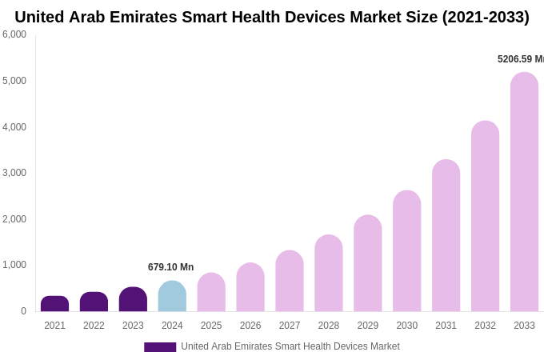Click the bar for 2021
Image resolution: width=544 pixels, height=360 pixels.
pyautogui.click(x=54, y=304)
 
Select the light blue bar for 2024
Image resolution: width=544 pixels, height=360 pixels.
pyautogui.click(x=172, y=297)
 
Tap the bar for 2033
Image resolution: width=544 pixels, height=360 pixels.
pyautogui.click(x=524, y=192)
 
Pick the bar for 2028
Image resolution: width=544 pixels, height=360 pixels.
pyautogui.click(x=328, y=274)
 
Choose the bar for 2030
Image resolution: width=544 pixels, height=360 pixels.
pyautogui.click(x=406, y=251)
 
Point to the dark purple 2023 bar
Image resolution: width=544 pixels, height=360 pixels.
pyautogui.click(x=133, y=300)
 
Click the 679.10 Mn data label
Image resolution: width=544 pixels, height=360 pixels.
pyautogui.click(x=170, y=267)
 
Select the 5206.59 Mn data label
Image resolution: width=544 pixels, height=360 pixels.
pyautogui.click(x=520, y=59)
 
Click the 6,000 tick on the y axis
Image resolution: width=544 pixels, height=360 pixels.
pyautogui.click(x=14, y=34)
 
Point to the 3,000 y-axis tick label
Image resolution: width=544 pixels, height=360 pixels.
pyautogui.click(x=14, y=173)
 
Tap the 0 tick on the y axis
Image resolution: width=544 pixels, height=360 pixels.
pyautogui.click(x=23, y=311)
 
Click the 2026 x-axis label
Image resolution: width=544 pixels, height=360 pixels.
pyautogui.click(x=250, y=326)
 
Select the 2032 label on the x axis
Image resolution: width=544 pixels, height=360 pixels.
pyautogui.click(x=485, y=326)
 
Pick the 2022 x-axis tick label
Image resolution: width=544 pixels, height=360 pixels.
pyautogui.click(x=94, y=326)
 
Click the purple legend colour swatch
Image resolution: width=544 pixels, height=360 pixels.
pyautogui.click(x=160, y=347)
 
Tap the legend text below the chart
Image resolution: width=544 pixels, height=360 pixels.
pyautogui.click(x=290, y=346)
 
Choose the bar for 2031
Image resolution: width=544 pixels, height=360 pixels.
pyautogui.click(x=446, y=236)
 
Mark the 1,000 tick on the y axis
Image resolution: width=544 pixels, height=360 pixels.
pyautogui.click(x=14, y=265)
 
